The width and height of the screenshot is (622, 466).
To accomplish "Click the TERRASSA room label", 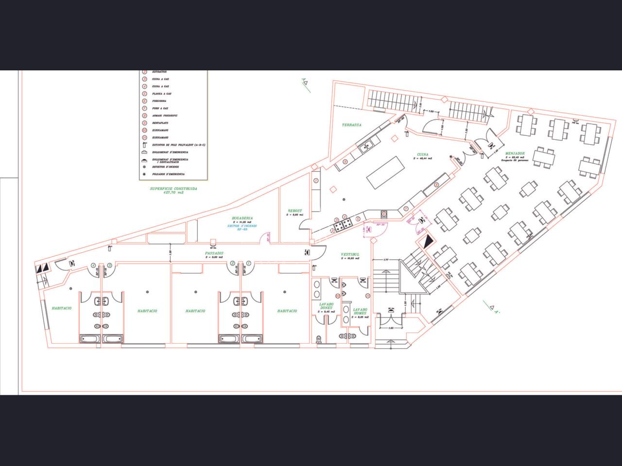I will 351,125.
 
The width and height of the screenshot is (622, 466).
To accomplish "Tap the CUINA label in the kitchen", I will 422,155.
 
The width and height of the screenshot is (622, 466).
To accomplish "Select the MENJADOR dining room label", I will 516,153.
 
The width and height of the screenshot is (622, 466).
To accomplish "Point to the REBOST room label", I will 295,211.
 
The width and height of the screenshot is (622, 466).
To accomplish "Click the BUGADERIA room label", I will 242,218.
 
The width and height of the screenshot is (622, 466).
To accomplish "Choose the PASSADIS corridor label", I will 214,253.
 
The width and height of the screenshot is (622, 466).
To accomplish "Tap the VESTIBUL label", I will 350,254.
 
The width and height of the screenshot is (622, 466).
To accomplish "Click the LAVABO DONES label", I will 326,306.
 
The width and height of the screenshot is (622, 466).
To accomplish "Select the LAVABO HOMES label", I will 360,311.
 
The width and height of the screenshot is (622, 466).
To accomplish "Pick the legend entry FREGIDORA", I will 159,101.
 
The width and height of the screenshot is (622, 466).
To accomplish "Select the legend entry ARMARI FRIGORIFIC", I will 165,116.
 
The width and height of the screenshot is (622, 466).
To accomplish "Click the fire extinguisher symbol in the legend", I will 144,145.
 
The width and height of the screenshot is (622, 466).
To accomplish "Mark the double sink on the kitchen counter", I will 365,144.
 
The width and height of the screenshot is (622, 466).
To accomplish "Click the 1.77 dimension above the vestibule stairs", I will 386,260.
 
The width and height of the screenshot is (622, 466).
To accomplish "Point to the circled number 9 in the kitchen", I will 345,162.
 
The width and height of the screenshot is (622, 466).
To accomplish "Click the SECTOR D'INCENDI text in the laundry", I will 242,226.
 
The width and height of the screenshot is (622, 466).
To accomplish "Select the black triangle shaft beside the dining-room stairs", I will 428,242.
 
